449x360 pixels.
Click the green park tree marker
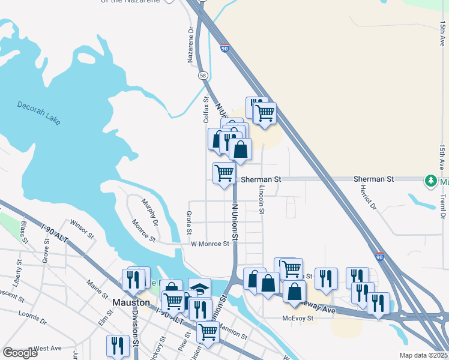tap(430, 180)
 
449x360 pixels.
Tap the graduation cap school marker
tap(199, 288)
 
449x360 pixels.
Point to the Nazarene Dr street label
tap(191, 45)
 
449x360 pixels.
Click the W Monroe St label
tap(210, 244)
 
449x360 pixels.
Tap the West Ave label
tap(48, 348)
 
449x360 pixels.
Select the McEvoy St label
tap(298, 319)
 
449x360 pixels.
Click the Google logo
tap(19, 352)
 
